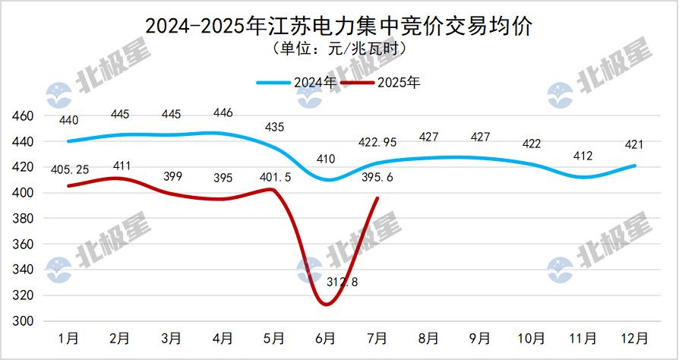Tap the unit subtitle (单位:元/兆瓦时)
point(339,49)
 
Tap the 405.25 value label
point(68,169)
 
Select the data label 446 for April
point(223,113)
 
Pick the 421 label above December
point(634,145)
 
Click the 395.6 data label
point(377,177)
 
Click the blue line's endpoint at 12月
point(634,166)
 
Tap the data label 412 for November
point(583,156)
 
